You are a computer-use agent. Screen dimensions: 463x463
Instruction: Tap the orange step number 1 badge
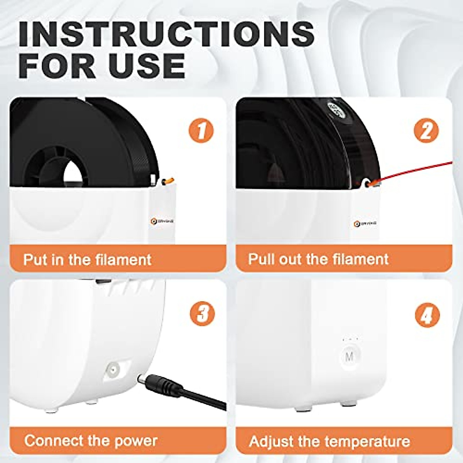[201, 131]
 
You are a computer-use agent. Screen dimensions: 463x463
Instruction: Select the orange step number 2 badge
[426, 131]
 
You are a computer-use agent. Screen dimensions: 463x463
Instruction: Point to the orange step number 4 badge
[427, 316]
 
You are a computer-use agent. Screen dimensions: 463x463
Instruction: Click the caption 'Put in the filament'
[87, 259]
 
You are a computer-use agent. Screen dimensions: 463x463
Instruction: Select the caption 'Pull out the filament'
[318, 259]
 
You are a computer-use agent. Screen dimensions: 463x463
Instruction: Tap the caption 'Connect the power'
[91, 441]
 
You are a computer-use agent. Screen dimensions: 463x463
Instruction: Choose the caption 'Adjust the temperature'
[329, 441]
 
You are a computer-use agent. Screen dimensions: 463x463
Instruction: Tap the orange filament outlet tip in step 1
[169, 180]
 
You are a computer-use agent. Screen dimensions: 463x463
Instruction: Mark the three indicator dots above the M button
[350, 340]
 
